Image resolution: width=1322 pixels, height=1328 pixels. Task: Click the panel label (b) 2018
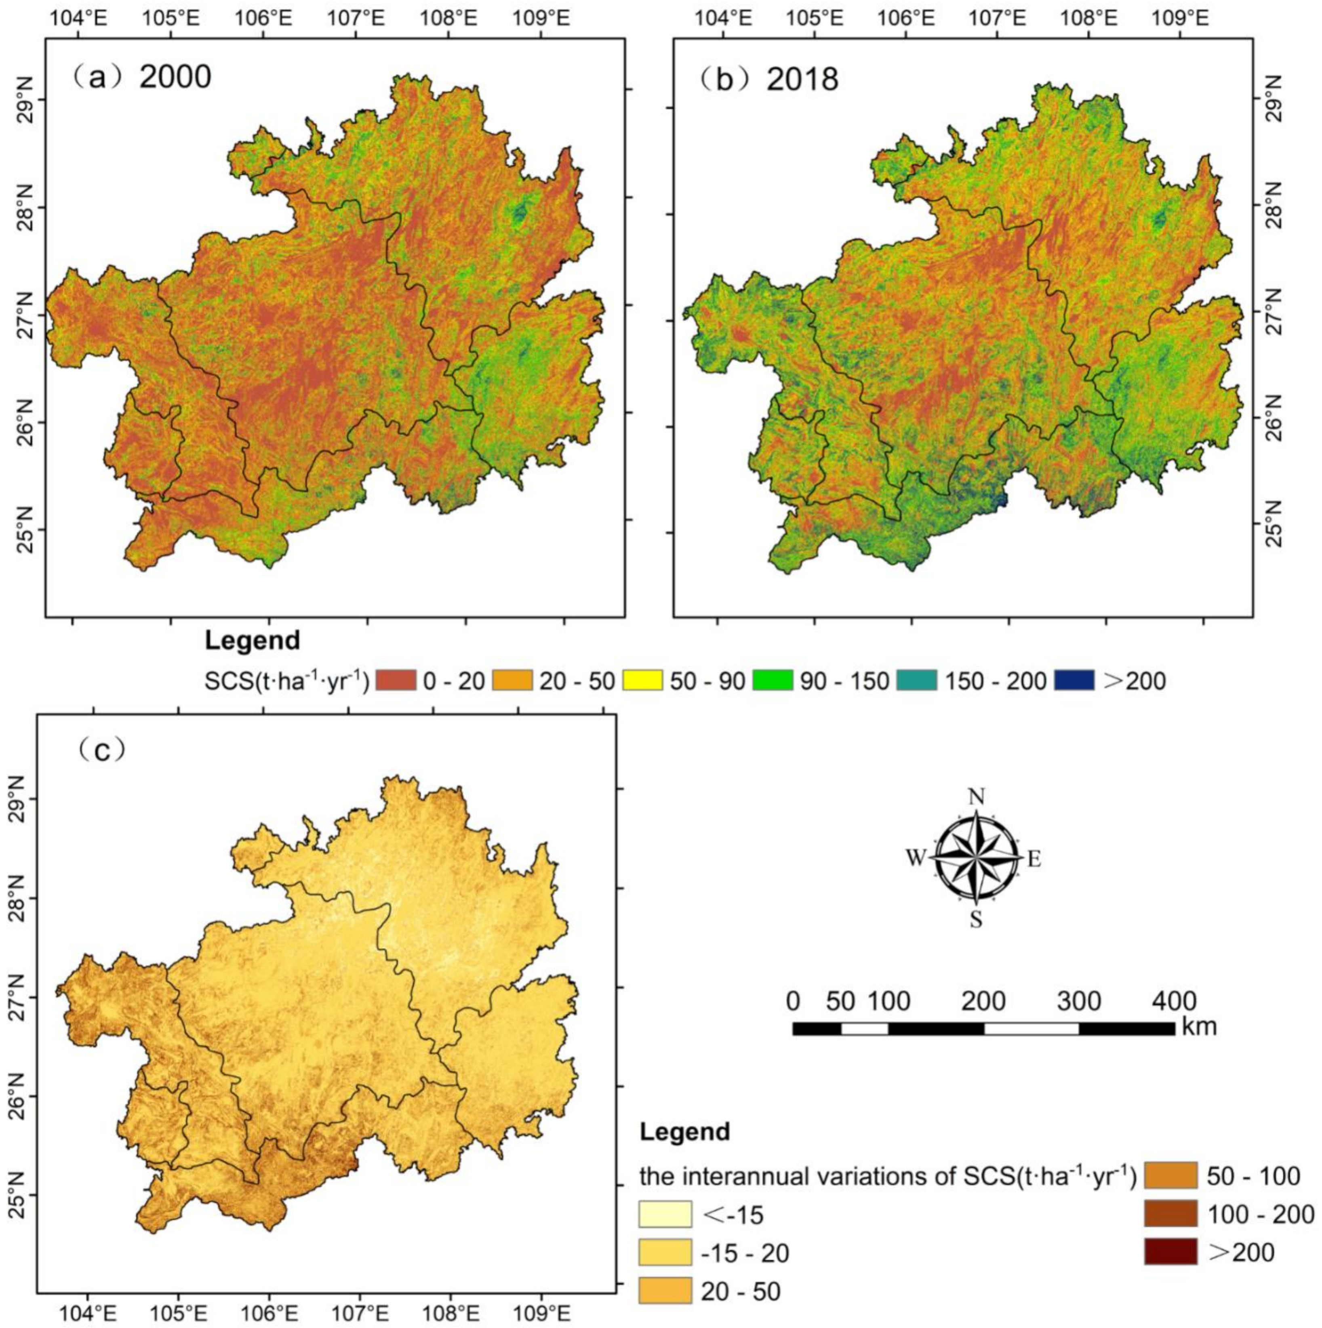770,80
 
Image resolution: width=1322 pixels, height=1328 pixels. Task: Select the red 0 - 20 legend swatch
397,681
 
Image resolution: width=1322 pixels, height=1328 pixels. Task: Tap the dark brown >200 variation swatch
1171,1253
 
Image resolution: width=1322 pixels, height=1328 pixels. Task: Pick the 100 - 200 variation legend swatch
1171,1214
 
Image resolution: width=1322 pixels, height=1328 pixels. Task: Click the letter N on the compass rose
975,796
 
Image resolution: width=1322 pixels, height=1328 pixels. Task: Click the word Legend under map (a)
252,641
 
